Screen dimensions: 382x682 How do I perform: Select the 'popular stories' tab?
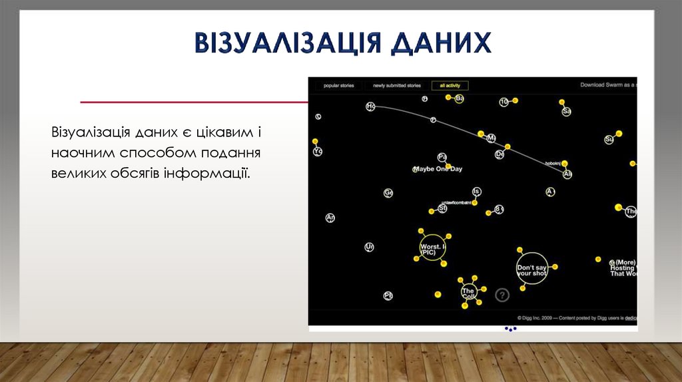click(x=338, y=86)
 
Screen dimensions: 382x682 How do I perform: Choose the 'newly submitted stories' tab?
click(x=396, y=86)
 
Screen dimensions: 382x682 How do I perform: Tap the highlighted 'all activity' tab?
click(x=450, y=86)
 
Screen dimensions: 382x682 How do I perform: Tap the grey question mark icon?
click(x=502, y=295)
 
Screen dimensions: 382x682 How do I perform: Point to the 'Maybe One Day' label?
click(x=438, y=169)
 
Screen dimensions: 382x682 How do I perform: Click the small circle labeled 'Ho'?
click(x=370, y=106)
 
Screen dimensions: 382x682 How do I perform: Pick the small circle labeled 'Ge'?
click(x=388, y=193)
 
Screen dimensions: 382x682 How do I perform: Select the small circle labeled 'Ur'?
click(x=369, y=247)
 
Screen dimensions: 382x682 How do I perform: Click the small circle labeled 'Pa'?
click(x=442, y=157)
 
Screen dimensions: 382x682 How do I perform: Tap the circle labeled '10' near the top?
click(x=504, y=102)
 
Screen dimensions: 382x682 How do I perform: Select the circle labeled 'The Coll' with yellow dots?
click(x=468, y=292)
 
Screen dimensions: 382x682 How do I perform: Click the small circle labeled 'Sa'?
click(x=566, y=112)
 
